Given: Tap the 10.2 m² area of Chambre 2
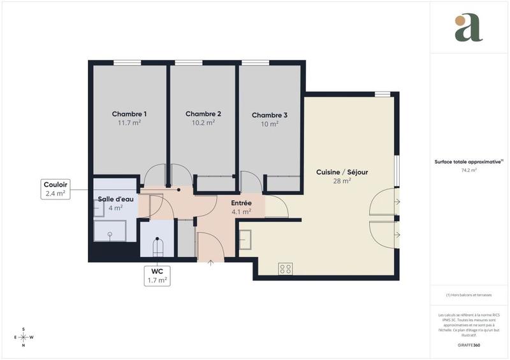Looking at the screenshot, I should (203, 123).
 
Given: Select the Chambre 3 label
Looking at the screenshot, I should (270, 115).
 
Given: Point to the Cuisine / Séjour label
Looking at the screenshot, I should (342, 172).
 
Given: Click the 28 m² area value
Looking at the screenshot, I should (342, 181).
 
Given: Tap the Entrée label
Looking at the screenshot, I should (241, 203).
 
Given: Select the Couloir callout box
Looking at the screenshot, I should (55, 189).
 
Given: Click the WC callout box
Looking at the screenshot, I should (157, 275).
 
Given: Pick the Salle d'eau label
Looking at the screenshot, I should (115, 199).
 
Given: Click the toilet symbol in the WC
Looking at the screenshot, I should (157, 245).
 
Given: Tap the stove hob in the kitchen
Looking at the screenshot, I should (285, 269).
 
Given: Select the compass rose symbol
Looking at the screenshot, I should (24, 337).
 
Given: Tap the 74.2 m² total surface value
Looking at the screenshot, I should (469, 171).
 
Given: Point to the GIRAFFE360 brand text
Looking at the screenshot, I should (469, 345).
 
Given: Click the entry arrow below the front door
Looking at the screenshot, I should (211, 262).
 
